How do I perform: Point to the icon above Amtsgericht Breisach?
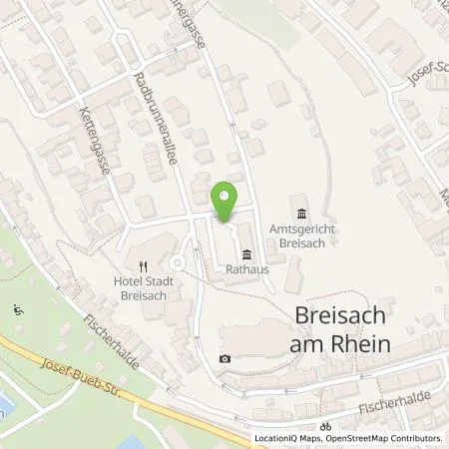[x=302, y=212]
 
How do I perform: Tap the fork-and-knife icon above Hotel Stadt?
[x=143, y=266]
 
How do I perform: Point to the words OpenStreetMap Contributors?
[x=382, y=438]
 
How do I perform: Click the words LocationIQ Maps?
[x=287, y=438]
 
